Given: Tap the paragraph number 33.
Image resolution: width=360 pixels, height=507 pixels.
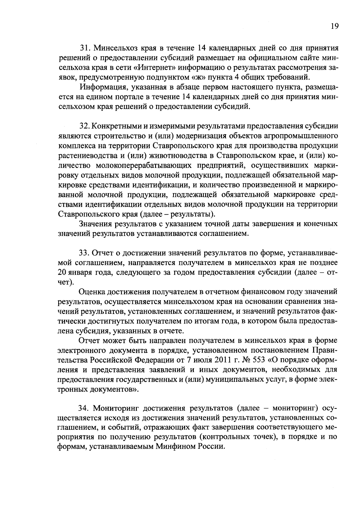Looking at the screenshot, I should click(x=85, y=253).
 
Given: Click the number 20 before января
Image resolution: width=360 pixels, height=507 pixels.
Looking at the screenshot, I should click(x=62, y=273).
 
